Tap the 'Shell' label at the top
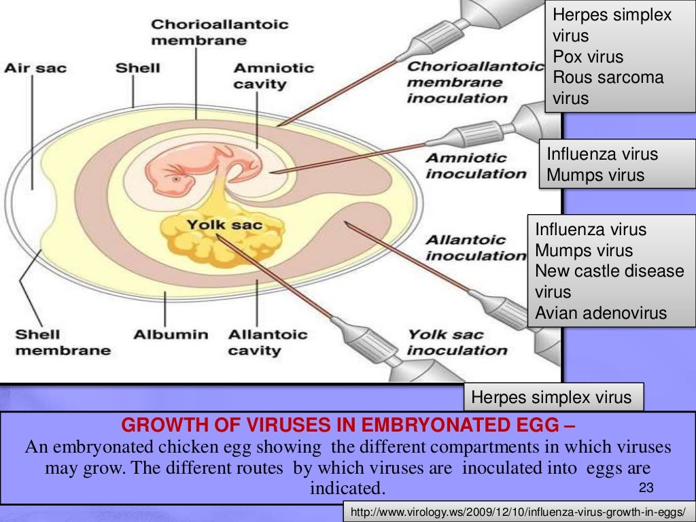click(x=137, y=68)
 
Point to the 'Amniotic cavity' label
click(x=273, y=76)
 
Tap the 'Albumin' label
click(x=171, y=334)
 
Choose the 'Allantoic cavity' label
click(x=267, y=343)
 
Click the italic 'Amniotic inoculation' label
click(x=475, y=166)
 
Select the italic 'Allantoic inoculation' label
click(x=475, y=247)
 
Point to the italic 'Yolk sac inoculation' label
click(x=457, y=343)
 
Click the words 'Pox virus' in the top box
click(x=588, y=56)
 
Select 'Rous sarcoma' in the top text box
click(x=608, y=77)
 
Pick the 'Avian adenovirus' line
click(x=601, y=313)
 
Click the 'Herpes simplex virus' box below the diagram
click(x=551, y=397)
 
